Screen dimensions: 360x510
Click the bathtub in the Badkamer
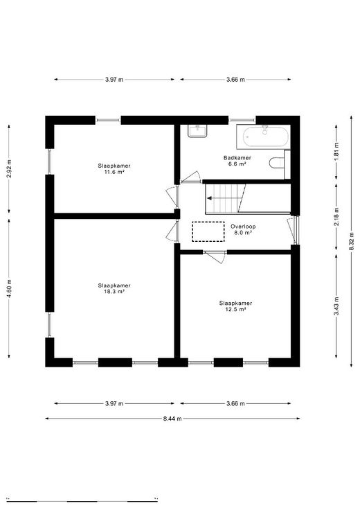pyautogui.click(x=266, y=137)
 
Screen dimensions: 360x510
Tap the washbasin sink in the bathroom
pyautogui.click(x=197, y=131)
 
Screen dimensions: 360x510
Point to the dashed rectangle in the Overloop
pyautogui.click(x=208, y=231)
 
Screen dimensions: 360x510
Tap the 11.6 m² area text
pyautogui.click(x=114, y=172)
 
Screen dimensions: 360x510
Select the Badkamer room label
pyautogui.click(x=237, y=158)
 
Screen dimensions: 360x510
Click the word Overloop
pyautogui.click(x=243, y=227)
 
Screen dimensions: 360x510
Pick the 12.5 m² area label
pyautogui.click(x=235, y=309)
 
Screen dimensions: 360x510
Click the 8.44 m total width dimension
pyautogui.click(x=172, y=419)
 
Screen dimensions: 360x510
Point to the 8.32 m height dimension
pyautogui.click(x=351, y=241)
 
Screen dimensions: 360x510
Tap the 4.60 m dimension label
pyautogui.click(x=9, y=288)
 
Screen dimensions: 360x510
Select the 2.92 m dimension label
pyautogui.click(x=9, y=169)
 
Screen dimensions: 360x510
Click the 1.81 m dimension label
pyautogui.click(x=336, y=152)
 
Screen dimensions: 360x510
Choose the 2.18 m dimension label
pyautogui.click(x=336, y=217)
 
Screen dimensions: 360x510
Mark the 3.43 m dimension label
pyautogui.click(x=336, y=306)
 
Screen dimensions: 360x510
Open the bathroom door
pyautogui.click(x=192, y=178)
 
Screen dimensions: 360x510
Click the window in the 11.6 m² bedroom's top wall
pyautogui.click(x=108, y=121)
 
